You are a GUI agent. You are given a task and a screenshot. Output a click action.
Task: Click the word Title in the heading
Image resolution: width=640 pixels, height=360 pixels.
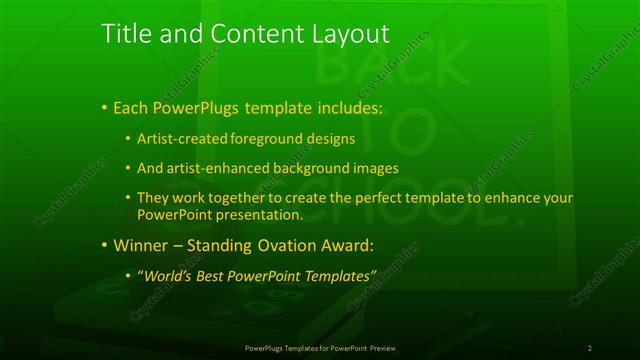(x=126, y=34)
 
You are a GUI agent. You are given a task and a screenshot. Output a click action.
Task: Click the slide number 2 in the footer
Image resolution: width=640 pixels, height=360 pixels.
(x=590, y=347)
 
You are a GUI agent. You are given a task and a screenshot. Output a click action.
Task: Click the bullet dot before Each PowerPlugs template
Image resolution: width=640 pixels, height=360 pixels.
(x=104, y=107)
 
